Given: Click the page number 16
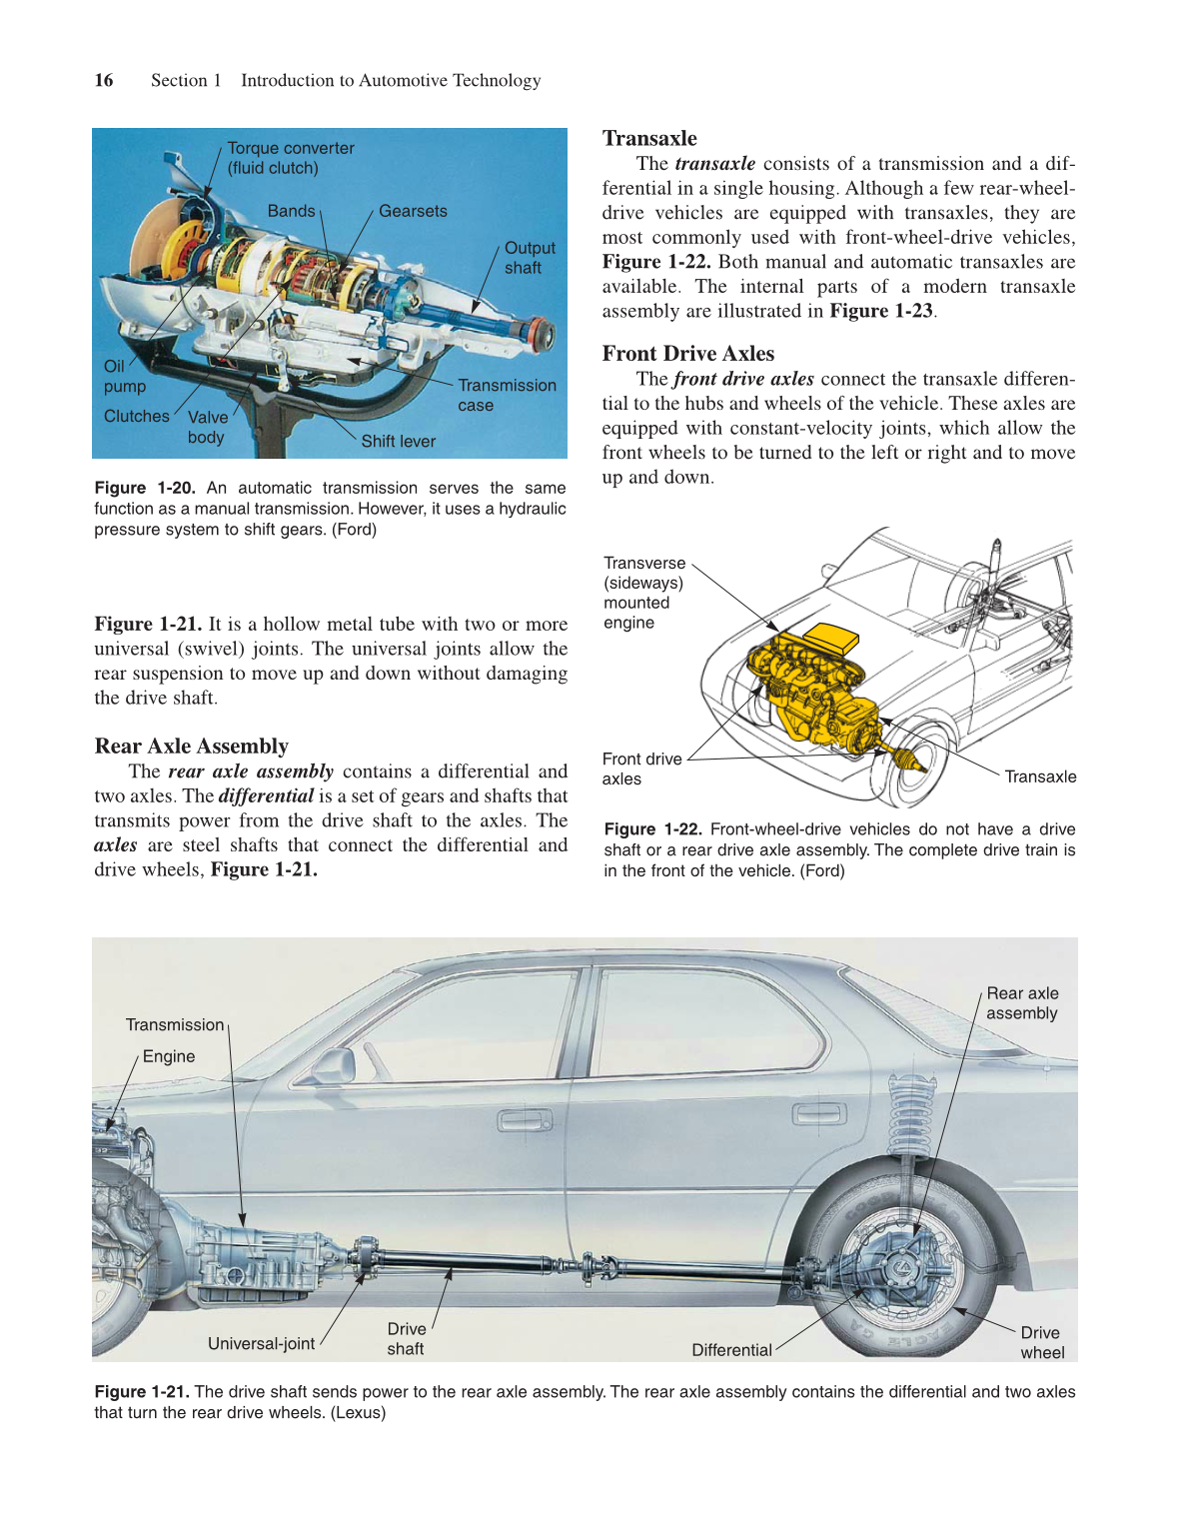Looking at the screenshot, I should pyautogui.click(x=104, y=81).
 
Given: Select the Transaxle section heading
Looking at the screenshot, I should pyautogui.click(x=649, y=139).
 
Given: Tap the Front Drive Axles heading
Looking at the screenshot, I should pyautogui.click(x=687, y=354).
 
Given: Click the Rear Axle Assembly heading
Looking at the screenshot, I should pyautogui.click(x=191, y=747).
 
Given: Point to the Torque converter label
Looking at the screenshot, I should pyautogui.click(x=290, y=158).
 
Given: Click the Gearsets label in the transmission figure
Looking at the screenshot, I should pyautogui.click(x=413, y=212).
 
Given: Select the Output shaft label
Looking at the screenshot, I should pyautogui.click(x=529, y=258).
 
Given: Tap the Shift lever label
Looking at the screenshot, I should pyautogui.click(x=398, y=442).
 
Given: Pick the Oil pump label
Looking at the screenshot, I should pyautogui.click(x=124, y=377).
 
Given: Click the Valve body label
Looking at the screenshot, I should pyautogui.click(x=207, y=428).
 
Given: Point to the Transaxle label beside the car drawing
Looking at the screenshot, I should pyautogui.click(x=1040, y=777).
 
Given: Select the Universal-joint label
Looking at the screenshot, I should pyautogui.click(x=261, y=1344).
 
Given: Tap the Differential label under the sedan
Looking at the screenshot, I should pyautogui.click(x=731, y=1351).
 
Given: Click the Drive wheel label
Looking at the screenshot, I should pyautogui.click(x=1041, y=1343).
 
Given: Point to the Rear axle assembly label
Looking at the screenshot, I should pyautogui.click(x=1021, y=1003).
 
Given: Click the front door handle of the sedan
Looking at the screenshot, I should pyautogui.click(x=525, y=1121).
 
